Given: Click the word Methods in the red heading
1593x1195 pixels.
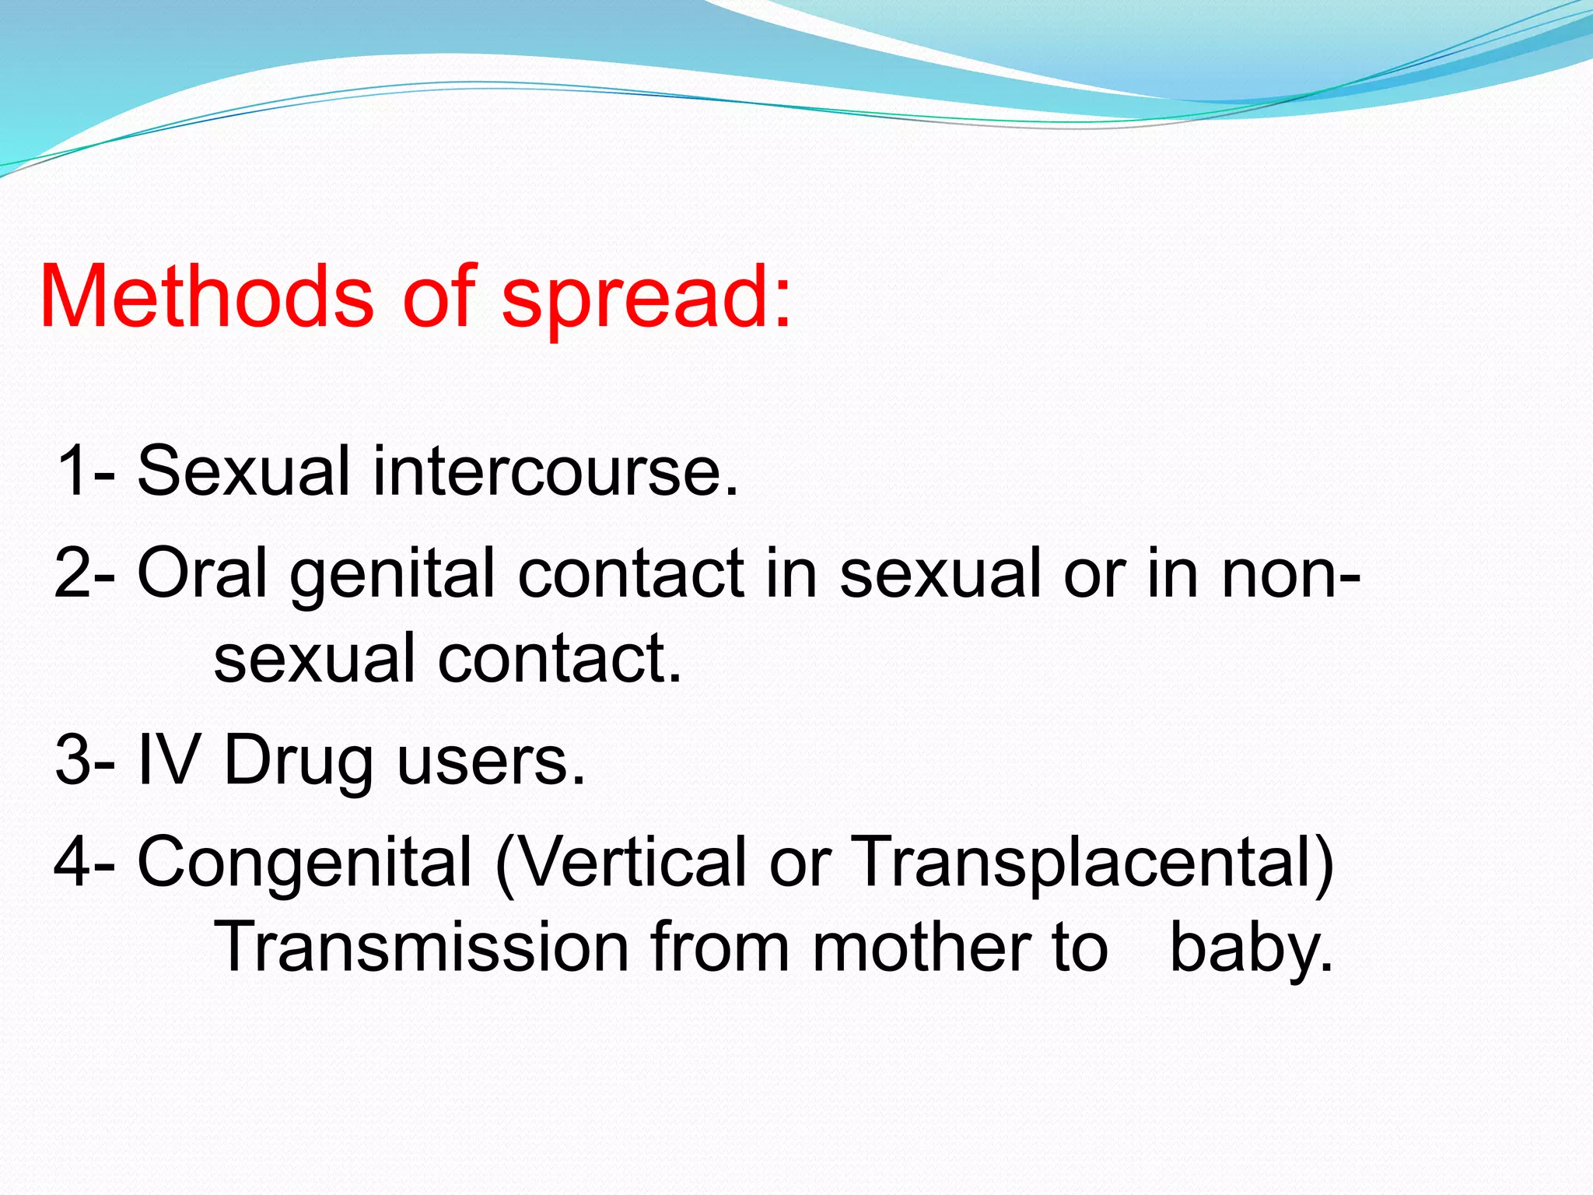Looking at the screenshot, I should (x=206, y=297).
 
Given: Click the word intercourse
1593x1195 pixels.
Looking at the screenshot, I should (x=555, y=471).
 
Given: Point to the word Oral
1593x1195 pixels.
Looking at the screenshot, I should (x=202, y=573).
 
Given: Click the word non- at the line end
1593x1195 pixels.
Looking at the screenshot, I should (x=1290, y=574).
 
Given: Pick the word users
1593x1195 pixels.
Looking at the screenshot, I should (x=490, y=761).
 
